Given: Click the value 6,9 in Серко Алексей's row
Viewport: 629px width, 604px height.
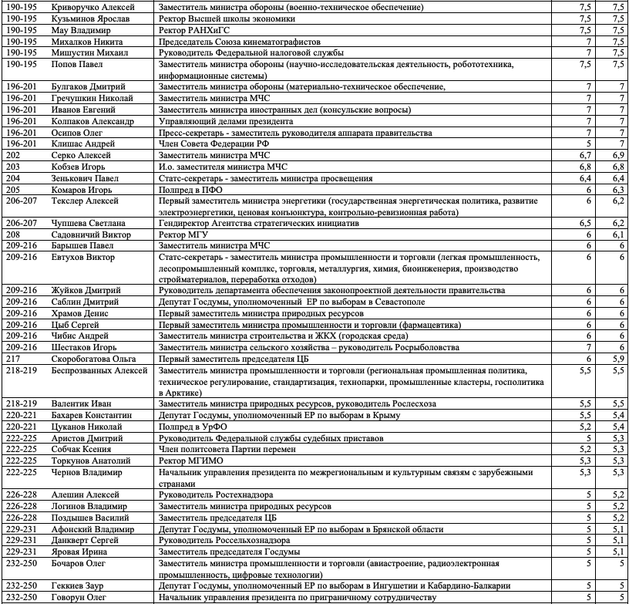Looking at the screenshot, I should pos(615,155).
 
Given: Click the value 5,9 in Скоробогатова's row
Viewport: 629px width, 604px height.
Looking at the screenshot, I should pos(615,359).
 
